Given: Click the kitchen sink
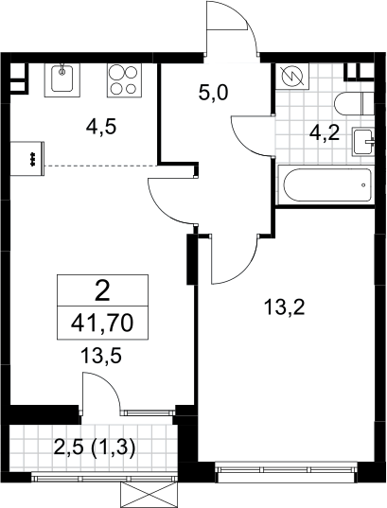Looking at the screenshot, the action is point(62,79).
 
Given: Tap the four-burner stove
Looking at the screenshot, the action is point(125,79).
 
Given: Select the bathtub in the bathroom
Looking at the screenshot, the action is point(326,184).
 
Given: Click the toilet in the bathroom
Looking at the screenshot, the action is point(354,103).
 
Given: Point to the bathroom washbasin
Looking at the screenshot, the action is point(363,142).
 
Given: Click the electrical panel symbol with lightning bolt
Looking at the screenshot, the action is point(293,77).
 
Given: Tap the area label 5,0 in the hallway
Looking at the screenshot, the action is point(213,93).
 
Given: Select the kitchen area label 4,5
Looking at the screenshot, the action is point(101,127).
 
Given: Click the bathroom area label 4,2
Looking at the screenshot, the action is point(325,133).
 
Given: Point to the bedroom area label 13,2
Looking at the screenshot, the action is point(285,307).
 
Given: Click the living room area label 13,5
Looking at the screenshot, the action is point(101,356).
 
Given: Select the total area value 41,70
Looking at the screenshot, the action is point(102,323).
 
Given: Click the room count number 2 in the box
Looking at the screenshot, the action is point(103,291).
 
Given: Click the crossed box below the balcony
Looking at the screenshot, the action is point(149,496).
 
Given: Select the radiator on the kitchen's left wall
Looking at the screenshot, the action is point(27,158).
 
